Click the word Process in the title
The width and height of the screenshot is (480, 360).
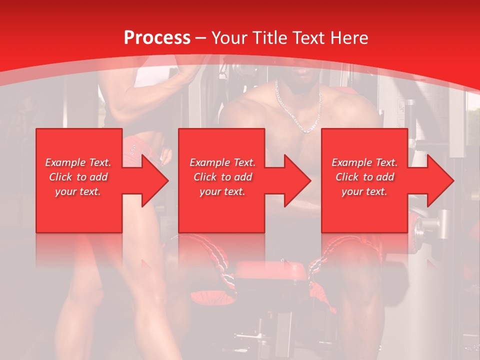157,38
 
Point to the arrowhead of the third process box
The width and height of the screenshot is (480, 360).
439,180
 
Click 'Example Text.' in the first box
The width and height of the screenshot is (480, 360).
78,162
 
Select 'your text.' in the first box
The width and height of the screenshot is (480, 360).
78,191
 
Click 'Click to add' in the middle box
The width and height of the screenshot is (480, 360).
222,177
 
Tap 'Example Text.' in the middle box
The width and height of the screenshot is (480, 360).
222,162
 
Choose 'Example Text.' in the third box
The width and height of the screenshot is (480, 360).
364,162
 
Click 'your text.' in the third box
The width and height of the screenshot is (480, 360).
364,191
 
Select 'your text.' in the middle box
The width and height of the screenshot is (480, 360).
222,191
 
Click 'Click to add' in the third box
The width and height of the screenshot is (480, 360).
364,177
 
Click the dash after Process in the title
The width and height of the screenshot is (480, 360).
201,38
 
